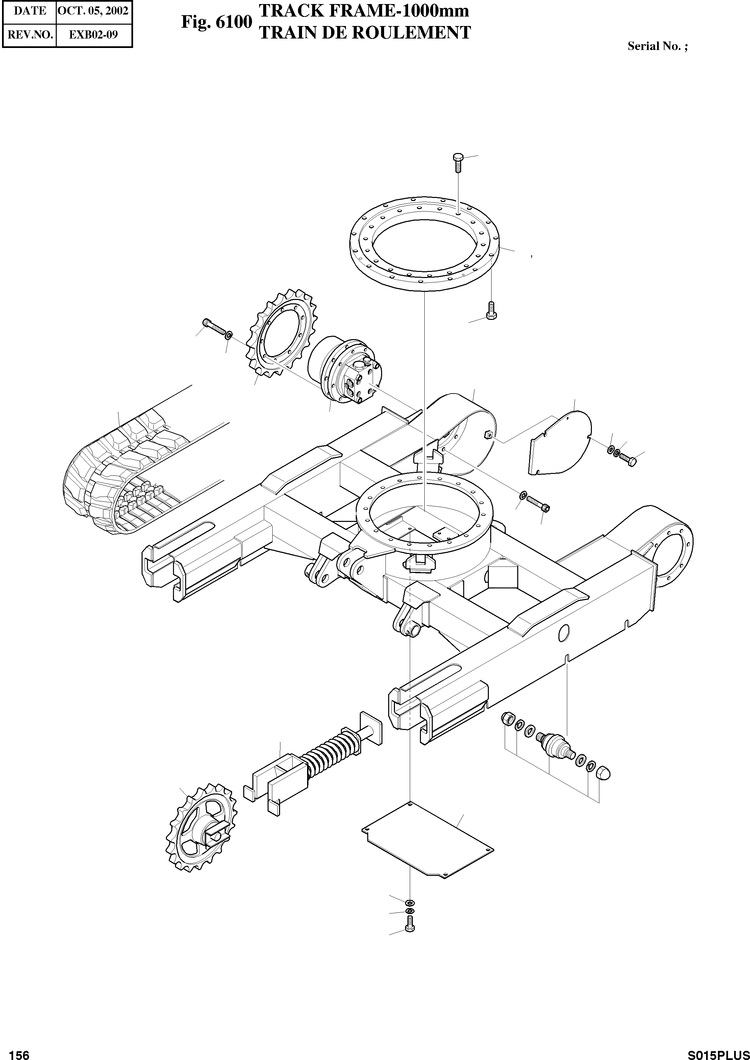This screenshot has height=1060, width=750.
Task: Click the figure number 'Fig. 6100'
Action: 217,22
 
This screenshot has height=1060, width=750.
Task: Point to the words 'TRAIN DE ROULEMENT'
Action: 365,33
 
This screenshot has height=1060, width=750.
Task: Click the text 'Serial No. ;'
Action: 657,46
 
